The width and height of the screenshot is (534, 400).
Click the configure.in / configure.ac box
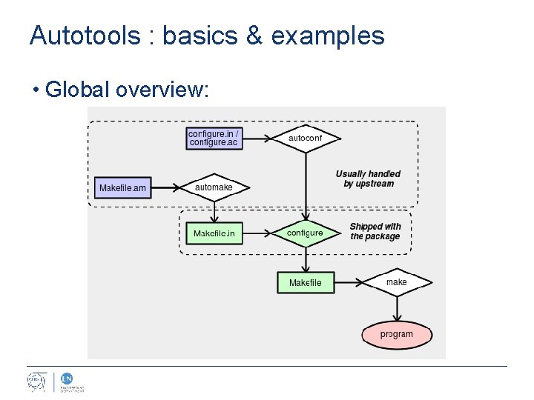214,138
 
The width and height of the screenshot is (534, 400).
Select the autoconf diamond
305,138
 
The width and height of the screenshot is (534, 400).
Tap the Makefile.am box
122,188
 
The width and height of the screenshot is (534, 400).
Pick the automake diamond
214,188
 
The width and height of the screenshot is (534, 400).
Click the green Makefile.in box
214,234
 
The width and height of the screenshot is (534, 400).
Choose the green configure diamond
305,233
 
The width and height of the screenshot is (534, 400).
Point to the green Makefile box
305,283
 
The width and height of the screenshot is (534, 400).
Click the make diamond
397,282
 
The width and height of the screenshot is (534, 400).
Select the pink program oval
397,334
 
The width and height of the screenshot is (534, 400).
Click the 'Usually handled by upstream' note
369,179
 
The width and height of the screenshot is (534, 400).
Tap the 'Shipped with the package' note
375,232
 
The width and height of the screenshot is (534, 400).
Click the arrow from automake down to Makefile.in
214,212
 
